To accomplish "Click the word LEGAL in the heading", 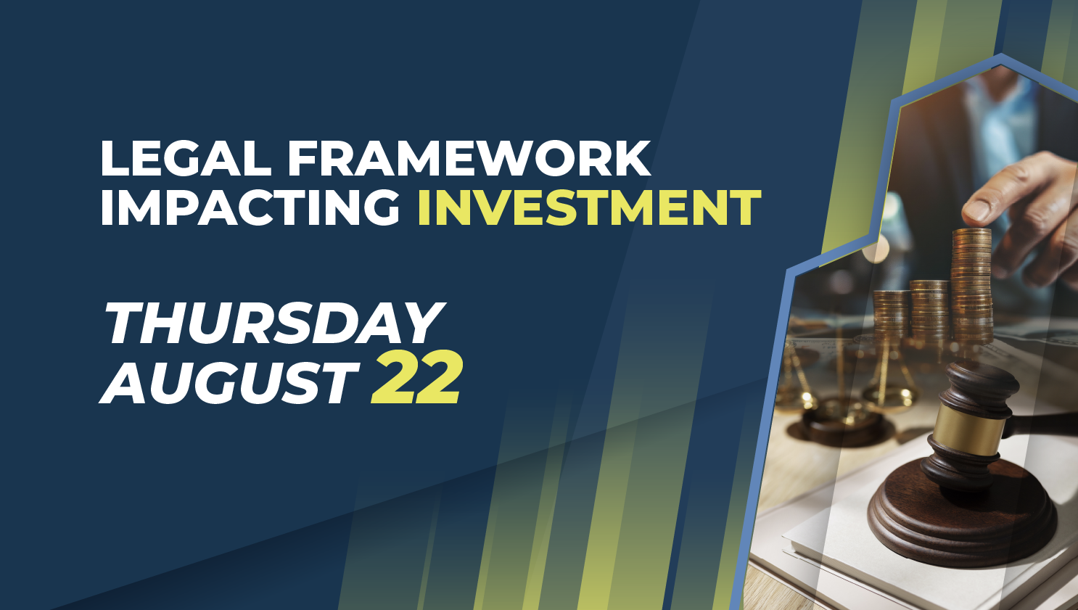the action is click(186, 158).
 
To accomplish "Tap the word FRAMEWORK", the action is click(469, 158).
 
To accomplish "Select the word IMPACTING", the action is click(250, 207).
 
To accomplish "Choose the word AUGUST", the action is click(229, 382).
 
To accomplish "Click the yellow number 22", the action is click(416, 378).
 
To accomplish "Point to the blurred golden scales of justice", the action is click(847, 385).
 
